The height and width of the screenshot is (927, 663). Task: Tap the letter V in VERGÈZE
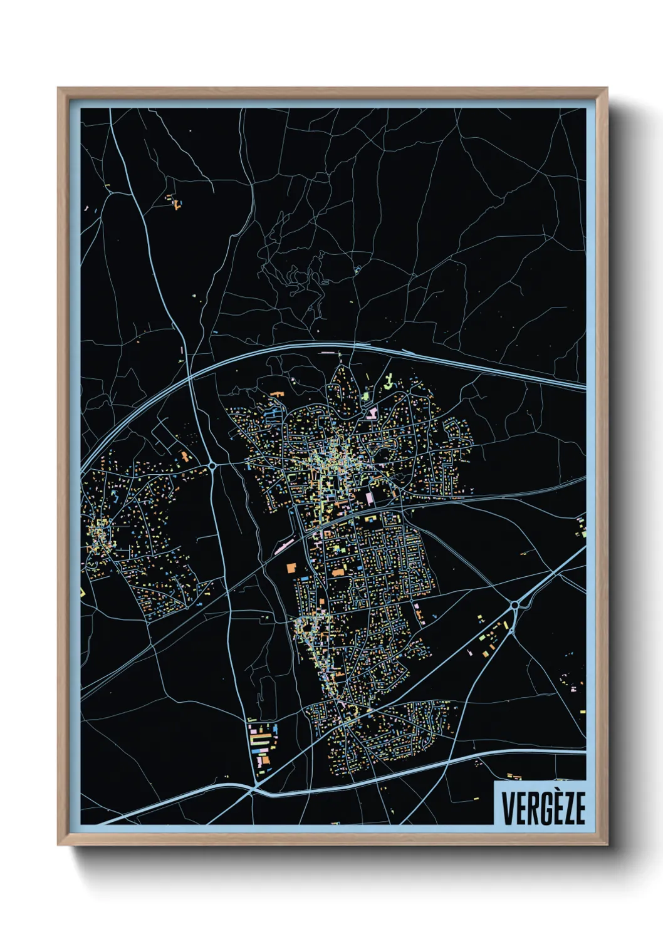click(x=508, y=809)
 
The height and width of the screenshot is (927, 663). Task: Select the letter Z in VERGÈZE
click(x=566, y=809)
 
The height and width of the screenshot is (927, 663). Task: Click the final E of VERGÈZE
click(x=580, y=809)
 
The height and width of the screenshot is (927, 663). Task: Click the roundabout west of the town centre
click(x=213, y=466)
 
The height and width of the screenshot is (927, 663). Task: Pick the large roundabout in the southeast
click(x=515, y=605)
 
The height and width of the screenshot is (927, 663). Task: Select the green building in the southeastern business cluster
click(x=483, y=638)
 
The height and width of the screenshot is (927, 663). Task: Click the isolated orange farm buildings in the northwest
click(x=175, y=202)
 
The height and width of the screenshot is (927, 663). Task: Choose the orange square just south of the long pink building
click(x=291, y=567)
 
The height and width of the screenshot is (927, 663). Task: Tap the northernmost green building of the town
click(x=389, y=378)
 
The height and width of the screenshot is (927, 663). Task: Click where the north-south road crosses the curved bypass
click(x=190, y=378)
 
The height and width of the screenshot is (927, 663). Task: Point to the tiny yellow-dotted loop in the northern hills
click(x=357, y=270)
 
